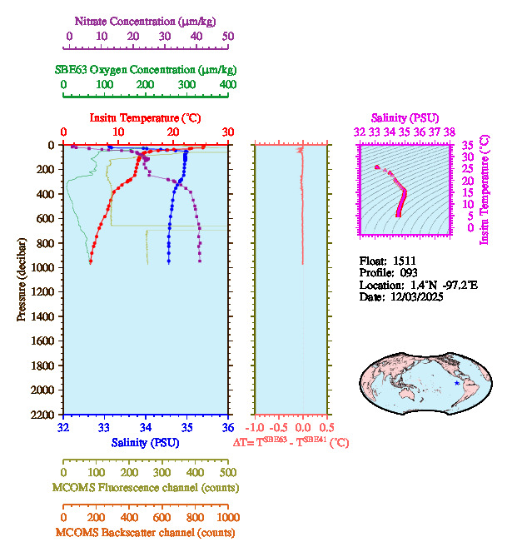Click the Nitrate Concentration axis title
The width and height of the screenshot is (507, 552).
pyautogui.click(x=147, y=19)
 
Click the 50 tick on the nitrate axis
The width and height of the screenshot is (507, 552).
pyautogui.click(x=228, y=37)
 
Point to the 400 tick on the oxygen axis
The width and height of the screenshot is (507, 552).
pyautogui.click(x=228, y=85)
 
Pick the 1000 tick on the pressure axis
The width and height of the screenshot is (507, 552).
pyautogui.click(x=42, y=267)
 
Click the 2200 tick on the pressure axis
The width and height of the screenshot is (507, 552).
pyautogui.click(x=42, y=415)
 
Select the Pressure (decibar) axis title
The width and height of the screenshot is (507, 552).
pyautogui.click(x=22, y=280)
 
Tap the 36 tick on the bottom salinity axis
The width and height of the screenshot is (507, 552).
pyautogui.click(x=228, y=427)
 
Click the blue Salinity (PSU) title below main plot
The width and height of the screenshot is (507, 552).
pyautogui.click(x=145, y=442)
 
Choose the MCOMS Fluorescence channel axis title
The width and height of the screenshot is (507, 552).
pyautogui.click(x=146, y=487)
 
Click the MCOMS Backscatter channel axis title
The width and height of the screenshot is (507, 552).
pyautogui.click(x=146, y=533)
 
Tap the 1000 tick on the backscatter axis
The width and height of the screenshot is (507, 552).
pyautogui.click(x=226, y=517)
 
